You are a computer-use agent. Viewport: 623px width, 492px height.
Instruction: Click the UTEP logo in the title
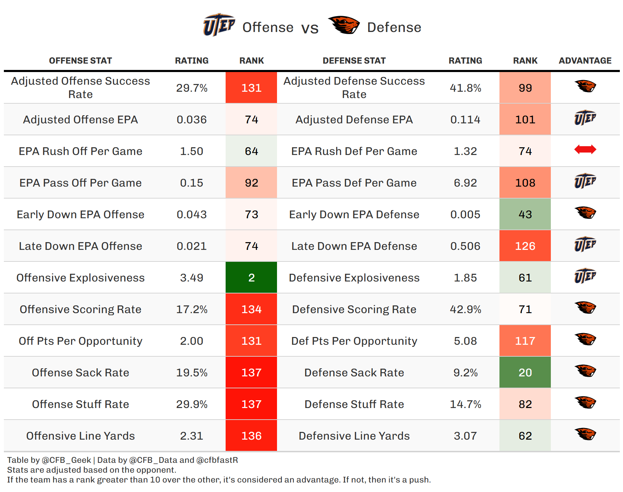pos(219,25)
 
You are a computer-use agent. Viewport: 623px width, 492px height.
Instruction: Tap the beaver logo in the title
pos(344,25)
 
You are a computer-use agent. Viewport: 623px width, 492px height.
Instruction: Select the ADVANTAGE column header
pos(585,61)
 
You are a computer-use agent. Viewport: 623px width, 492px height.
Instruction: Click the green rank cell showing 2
pos(251,277)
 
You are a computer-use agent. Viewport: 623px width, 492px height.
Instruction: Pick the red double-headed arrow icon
pos(585,150)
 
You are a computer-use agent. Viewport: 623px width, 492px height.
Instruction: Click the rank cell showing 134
pos(251,309)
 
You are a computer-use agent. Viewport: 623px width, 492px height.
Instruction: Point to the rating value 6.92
pos(465,183)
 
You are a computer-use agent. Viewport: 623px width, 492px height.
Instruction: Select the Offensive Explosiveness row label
pos(81,278)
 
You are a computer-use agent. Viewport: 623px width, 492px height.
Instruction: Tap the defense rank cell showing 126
pos(525,246)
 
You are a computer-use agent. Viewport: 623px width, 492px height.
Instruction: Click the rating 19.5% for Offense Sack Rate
pos(192,373)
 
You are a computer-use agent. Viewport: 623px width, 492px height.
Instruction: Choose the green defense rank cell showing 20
pos(525,372)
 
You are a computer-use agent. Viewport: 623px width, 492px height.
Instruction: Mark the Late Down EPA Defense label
pos(354,246)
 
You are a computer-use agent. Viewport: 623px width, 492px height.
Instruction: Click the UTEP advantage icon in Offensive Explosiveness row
pos(585,276)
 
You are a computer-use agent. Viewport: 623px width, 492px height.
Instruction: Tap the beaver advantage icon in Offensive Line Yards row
pos(585,434)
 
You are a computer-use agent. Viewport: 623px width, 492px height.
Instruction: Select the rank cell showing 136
pos(251,435)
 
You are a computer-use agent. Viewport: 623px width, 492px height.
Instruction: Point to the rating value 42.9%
pos(465,309)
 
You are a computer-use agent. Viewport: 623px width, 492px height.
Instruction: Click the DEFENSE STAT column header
pos(354,61)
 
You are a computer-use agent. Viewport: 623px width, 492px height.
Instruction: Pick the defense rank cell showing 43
pos(525,214)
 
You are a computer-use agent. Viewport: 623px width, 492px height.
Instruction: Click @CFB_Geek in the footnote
pos(67,460)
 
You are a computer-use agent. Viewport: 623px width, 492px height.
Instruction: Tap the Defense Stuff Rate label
pos(354,404)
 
